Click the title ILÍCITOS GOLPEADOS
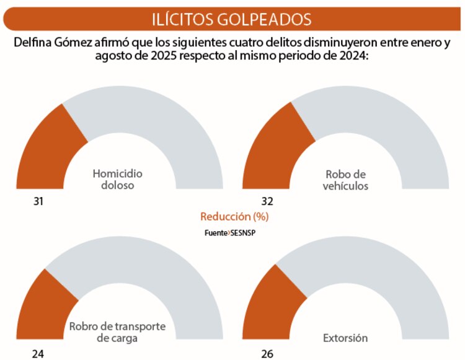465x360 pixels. coord(232,18)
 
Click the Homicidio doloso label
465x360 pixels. coord(117,179)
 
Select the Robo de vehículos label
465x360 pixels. coord(346,179)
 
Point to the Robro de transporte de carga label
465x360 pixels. coord(117,332)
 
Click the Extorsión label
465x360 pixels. coord(345,338)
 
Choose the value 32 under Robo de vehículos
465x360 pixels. coord(267,201)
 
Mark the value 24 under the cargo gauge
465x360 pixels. coord(38,354)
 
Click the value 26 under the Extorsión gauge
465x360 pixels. coord(267,354)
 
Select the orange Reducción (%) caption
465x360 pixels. coord(234,217)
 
